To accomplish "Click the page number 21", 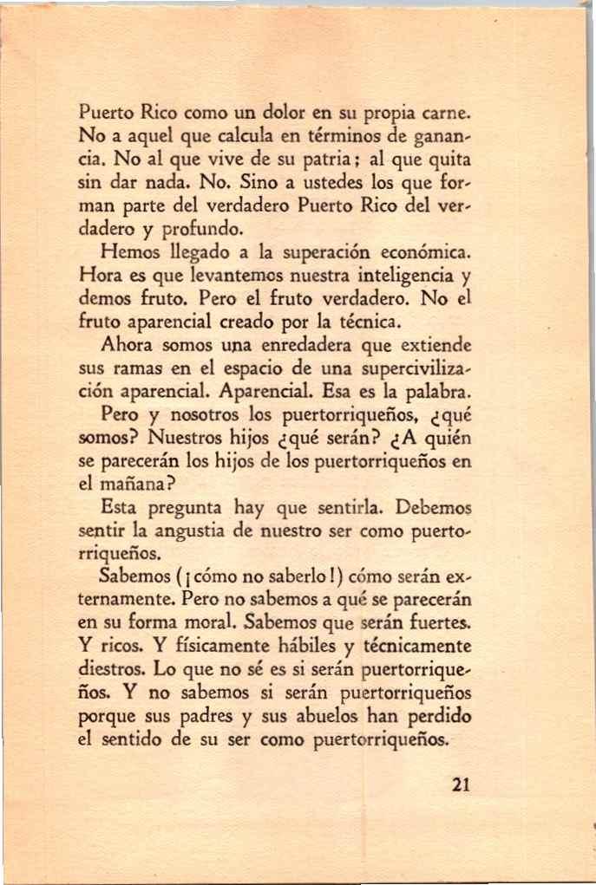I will pos(461,786).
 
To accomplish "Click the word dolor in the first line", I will pos(288,113).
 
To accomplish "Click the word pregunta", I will pos(176,508).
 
